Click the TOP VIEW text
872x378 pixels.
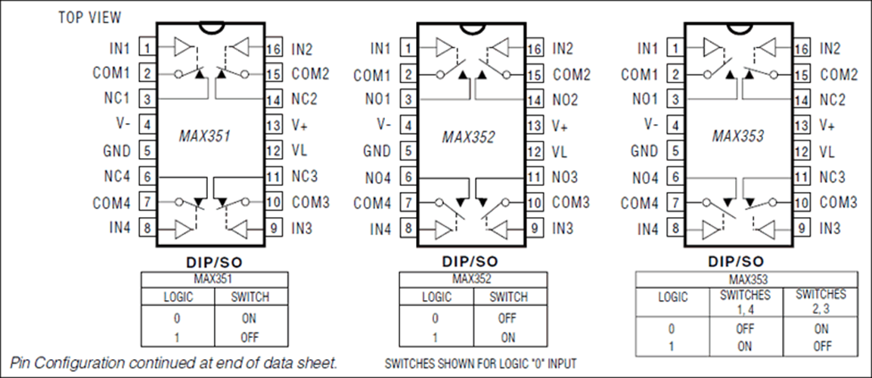89,18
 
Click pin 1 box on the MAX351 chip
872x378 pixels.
147,48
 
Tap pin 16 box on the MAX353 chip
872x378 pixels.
801,48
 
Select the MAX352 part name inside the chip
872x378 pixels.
468,137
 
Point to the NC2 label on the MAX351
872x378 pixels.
304,100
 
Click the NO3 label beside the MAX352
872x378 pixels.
565,177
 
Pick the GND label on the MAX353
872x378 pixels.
644,150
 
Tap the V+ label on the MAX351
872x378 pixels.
299,125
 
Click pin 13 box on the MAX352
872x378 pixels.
534,125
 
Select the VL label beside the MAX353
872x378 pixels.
827,150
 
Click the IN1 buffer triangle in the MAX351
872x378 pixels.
182,47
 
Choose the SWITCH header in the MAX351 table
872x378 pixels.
250,297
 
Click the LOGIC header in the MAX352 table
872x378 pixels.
436,297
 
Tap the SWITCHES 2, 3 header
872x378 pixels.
821,301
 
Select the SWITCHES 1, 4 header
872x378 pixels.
745,301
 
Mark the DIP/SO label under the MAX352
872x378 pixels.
470,262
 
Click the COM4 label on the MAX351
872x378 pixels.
111,203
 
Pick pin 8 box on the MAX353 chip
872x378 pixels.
675,228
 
